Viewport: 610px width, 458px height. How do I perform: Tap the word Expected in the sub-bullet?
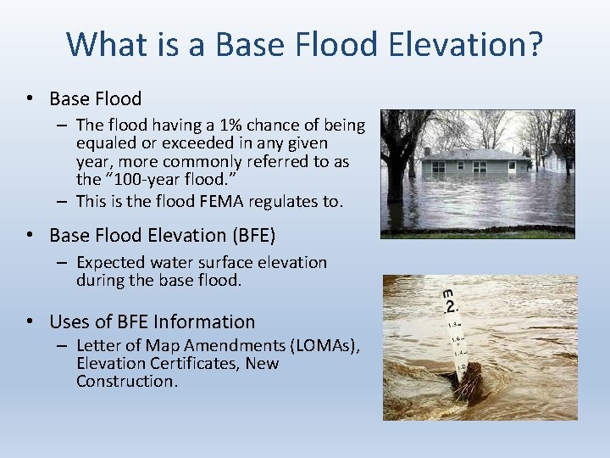(x=114, y=262)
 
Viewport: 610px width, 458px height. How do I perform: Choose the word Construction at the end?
(x=126, y=381)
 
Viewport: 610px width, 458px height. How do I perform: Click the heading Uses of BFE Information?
(x=152, y=321)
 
